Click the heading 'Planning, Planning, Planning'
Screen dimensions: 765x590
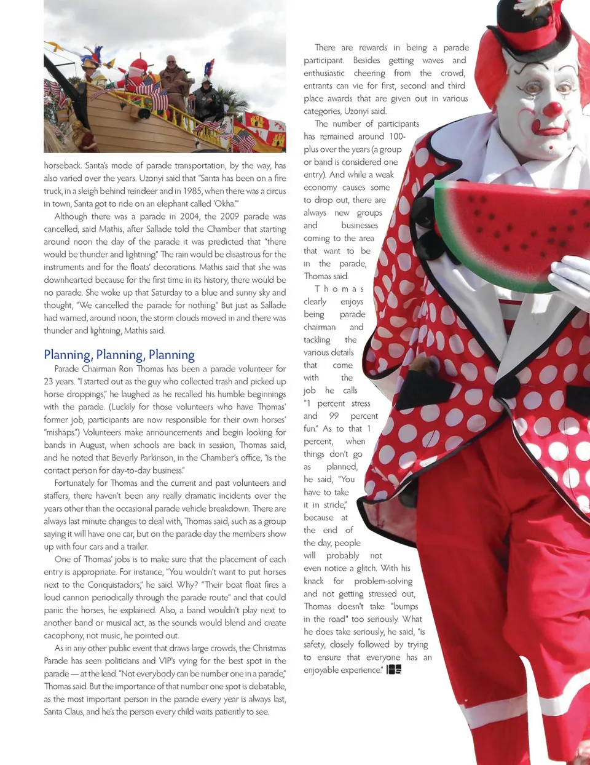(x=119, y=355)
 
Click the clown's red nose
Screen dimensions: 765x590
(x=552, y=109)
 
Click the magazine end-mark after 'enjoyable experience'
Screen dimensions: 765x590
(x=394, y=670)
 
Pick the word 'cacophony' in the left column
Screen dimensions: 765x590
(x=63, y=635)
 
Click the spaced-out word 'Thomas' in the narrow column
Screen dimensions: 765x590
(x=339, y=288)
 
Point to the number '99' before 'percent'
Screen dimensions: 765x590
(x=334, y=416)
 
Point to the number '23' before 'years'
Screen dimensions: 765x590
(x=49, y=381)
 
